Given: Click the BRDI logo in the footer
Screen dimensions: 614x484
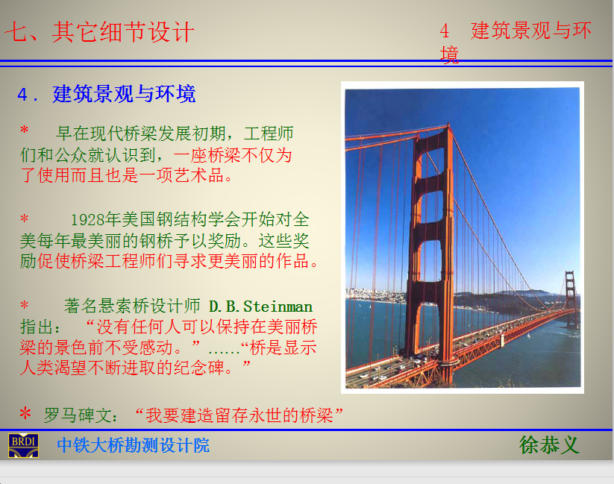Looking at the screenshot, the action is pyautogui.click(x=23, y=446).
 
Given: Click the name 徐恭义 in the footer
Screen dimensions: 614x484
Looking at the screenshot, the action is pyautogui.click(x=549, y=445).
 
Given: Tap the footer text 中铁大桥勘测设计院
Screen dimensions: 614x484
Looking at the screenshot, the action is pyautogui.click(x=133, y=446).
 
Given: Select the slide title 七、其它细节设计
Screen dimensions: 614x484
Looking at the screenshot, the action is pyautogui.click(x=99, y=32).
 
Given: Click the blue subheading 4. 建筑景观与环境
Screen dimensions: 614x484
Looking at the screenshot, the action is pyautogui.click(x=106, y=95).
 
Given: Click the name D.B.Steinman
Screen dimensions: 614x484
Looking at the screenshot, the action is pyautogui.click(x=261, y=307).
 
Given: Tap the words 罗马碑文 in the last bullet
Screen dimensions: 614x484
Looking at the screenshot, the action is pyautogui.click(x=78, y=415).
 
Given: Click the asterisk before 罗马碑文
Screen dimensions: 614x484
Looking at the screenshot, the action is pyautogui.click(x=25, y=413).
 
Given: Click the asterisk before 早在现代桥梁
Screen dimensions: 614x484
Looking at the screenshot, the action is pyautogui.click(x=25, y=130).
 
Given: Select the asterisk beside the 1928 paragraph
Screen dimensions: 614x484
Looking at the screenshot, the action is pyautogui.click(x=25, y=218).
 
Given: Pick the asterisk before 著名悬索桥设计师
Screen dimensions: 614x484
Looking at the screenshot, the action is pyautogui.click(x=25, y=304).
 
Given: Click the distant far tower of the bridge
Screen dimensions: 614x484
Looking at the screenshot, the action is pyautogui.click(x=571, y=298).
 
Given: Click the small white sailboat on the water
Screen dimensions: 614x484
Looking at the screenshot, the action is pyautogui.click(x=528, y=335).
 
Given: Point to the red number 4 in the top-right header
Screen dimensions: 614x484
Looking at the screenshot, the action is pyautogui.click(x=444, y=31).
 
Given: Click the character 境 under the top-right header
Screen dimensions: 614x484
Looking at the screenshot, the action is pyautogui.click(x=449, y=54).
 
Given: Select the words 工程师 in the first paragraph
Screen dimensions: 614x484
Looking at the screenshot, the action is pyautogui.click(x=269, y=133).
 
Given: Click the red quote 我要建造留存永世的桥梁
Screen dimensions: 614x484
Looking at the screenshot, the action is pyautogui.click(x=239, y=415).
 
